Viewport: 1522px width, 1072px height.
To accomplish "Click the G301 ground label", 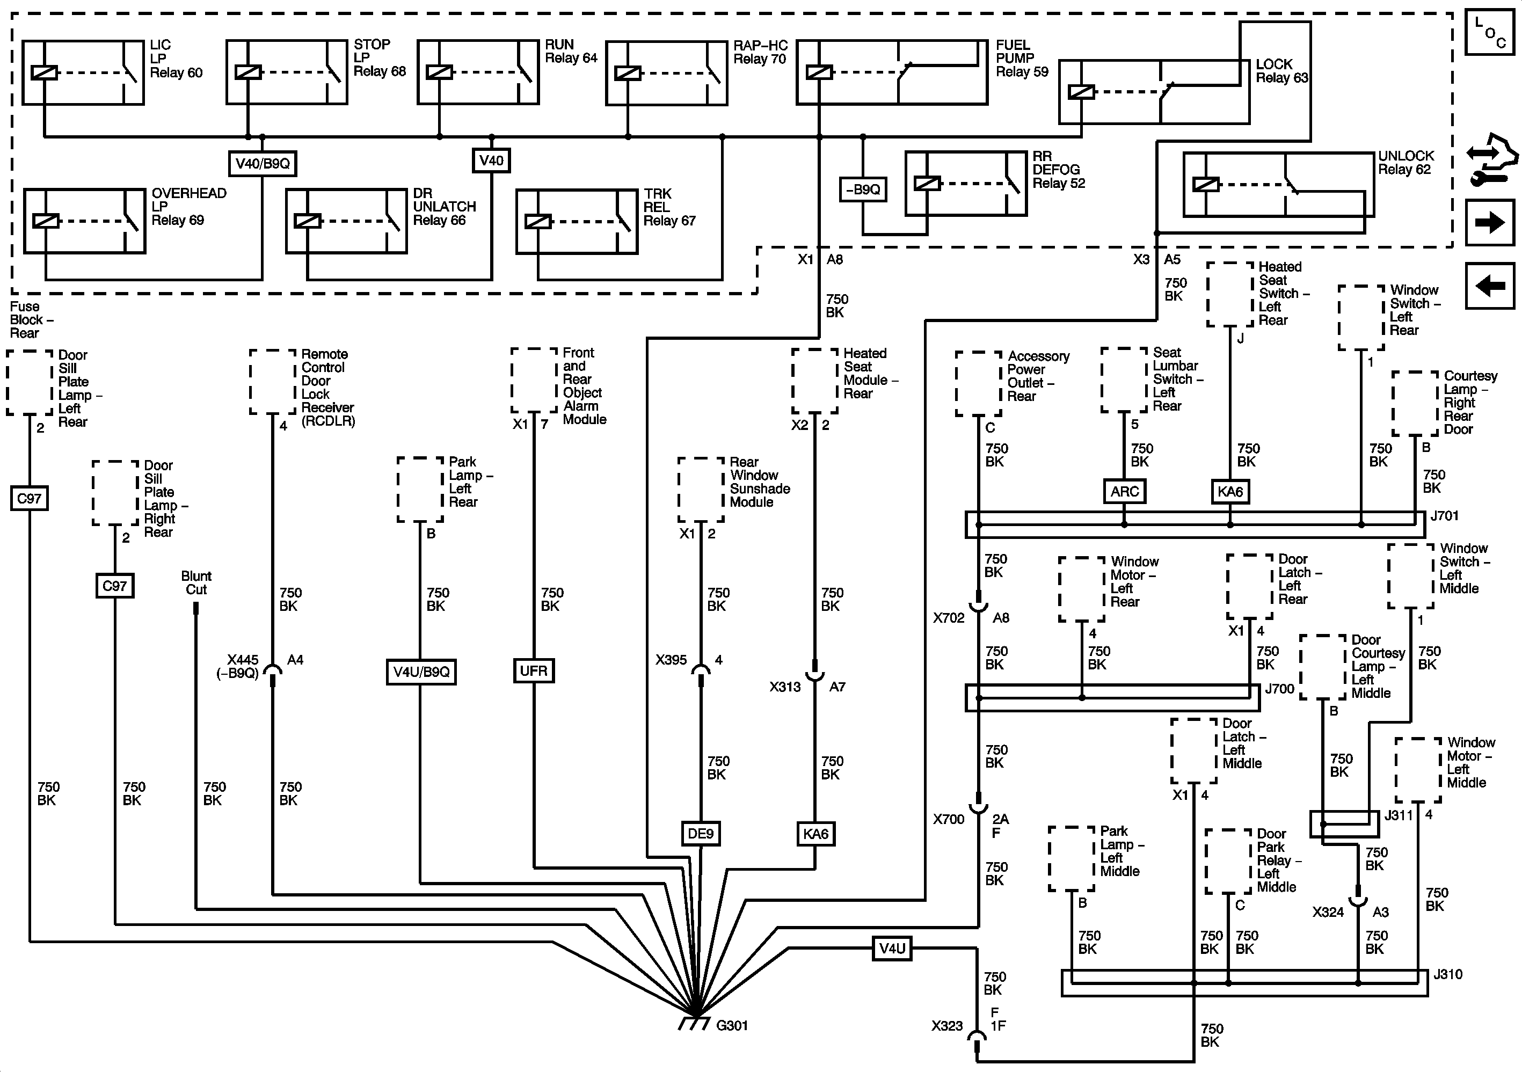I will tap(732, 1026).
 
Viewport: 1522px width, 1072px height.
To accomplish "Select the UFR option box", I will tap(534, 671).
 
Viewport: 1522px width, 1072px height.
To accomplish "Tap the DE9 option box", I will tap(701, 833).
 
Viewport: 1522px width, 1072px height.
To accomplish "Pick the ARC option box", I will tap(1124, 491).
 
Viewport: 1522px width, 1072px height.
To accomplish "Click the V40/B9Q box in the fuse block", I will tap(263, 163).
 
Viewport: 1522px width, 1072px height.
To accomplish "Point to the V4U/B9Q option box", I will tap(421, 672).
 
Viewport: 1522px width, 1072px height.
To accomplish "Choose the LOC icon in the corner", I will tap(1489, 32).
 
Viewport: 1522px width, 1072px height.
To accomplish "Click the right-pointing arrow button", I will tap(1489, 222).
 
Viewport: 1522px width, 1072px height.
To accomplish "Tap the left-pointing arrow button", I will tap(1489, 286).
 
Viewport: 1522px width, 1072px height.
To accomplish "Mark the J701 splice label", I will tap(1445, 516).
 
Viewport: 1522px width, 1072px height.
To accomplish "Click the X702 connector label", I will tap(949, 618).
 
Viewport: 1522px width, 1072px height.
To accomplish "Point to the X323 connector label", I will tap(946, 1026).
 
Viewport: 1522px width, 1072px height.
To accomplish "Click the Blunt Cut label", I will tap(196, 583).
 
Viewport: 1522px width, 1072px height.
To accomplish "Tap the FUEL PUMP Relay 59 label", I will tap(1022, 59).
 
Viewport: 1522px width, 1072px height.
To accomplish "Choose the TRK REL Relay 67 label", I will tap(669, 207).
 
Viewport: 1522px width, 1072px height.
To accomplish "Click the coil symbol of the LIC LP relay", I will tap(45, 72).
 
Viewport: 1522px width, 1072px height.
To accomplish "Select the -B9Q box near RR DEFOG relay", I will tap(862, 189).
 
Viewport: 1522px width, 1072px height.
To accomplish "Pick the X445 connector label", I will tap(241, 666).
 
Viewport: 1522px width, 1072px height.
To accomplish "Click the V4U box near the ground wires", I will tap(892, 948).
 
